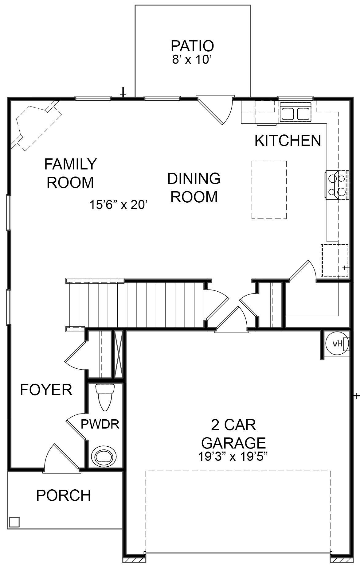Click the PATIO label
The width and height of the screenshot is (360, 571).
(x=192, y=46)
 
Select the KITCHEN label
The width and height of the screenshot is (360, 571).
(x=288, y=141)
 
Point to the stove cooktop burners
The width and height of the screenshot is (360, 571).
(x=336, y=185)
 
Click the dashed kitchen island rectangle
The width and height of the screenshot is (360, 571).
(x=269, y=190)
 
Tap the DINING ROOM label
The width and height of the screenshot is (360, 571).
(x=194, y=188)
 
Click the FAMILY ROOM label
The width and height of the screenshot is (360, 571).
(x=70, y=173)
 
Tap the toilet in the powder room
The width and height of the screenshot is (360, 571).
(x=105, y=397)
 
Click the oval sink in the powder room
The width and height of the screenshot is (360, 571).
(x=105, y=457)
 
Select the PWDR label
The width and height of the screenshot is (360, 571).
(x=100, y=424)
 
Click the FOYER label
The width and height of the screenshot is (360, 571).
(x=46, y=390)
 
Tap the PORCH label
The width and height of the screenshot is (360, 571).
(x=64, y=495)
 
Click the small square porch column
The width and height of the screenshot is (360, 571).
(x=14, y=522)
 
